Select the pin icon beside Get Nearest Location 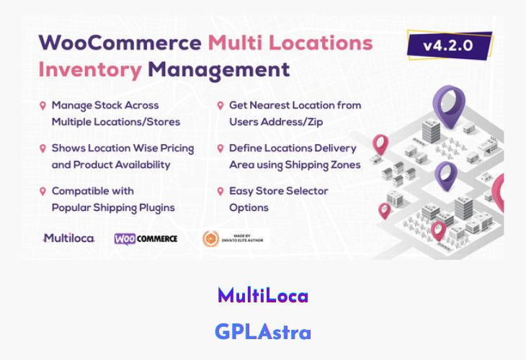tap(220, 105)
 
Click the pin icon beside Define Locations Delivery tap(220, 148)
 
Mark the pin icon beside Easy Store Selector tap(220, 192)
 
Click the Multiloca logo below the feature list tap(68, 238)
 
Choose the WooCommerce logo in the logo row tap(146, 238)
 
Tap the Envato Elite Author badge tap(235, 238)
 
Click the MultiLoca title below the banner tap(262, 295)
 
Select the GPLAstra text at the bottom tap(262, 332)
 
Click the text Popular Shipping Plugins tap(113, 207)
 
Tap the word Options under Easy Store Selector tap(249, 207)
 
